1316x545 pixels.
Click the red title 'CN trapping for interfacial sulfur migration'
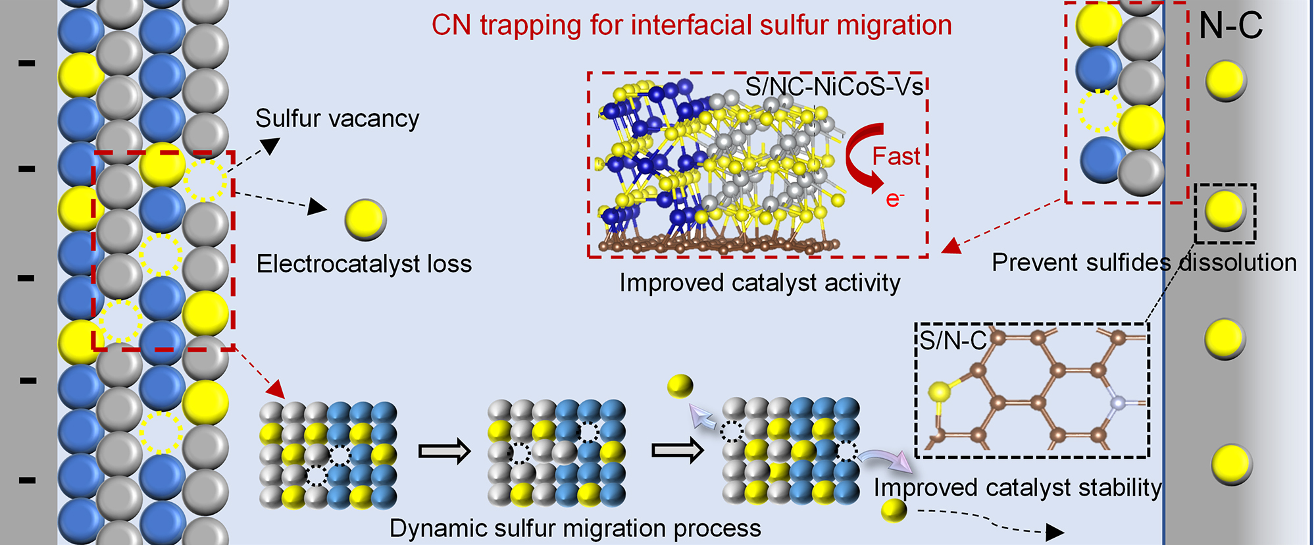[x=692, y=26]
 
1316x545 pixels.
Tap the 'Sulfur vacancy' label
[x=337, y=119]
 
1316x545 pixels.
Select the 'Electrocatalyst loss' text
[x=364, y=264]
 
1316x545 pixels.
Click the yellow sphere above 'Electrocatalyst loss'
[x=365, y=219]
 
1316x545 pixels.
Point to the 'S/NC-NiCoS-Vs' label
[x=834, y=87]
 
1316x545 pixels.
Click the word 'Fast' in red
[x=896, y=157]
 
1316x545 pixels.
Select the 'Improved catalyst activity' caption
[x=759, y=283]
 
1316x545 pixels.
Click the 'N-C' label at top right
[x=1230, y=26]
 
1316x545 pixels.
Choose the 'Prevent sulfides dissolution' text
[x=1144, y=263]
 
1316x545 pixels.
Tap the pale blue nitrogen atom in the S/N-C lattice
[x=1117, y=402]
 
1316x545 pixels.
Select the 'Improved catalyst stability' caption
[x=1017, y=488]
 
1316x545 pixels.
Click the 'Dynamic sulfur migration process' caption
[x=575, y=529]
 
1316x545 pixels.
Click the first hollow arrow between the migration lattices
[x=445, y=452]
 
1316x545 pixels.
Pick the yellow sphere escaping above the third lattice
[x=680, y=386]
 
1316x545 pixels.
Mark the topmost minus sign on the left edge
[x=27, y=63]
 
